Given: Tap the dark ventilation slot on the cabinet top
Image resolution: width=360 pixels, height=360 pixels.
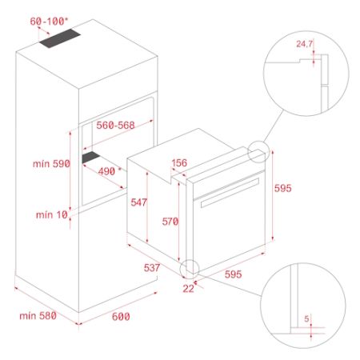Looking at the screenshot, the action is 60,38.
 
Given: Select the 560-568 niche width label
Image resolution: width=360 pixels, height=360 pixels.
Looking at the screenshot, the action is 115,125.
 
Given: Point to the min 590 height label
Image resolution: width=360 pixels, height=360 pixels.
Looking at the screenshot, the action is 51,163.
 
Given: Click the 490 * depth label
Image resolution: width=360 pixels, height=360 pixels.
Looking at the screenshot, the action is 110,171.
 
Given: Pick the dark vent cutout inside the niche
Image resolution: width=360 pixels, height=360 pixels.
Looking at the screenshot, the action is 91,157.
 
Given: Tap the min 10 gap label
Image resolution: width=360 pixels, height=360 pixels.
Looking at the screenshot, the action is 52,214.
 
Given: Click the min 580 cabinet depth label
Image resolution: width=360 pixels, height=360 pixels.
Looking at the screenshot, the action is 38,316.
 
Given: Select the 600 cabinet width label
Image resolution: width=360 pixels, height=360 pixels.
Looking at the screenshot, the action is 121,316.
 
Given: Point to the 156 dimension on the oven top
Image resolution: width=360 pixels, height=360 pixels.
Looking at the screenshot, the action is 179,162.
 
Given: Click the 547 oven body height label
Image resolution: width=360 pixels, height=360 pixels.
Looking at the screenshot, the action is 138,202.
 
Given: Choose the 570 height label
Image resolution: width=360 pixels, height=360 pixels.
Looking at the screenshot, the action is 170,221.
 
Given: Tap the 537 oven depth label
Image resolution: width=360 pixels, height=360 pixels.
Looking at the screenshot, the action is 152,267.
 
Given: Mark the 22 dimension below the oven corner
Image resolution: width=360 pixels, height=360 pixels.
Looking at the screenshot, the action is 188,288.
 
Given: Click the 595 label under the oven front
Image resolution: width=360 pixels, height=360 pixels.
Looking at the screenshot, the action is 233,274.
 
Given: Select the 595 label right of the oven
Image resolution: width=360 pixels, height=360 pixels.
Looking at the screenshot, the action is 283,188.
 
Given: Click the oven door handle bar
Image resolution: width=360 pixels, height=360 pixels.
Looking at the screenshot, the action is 230,193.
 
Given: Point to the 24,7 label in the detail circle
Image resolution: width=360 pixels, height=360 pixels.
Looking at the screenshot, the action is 304,44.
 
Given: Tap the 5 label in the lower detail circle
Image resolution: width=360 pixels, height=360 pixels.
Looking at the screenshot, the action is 306,318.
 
